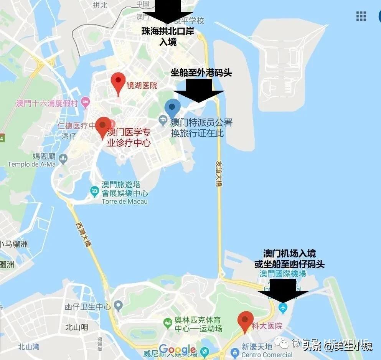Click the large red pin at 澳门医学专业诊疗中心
coord(103,126)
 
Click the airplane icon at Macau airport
coord(283,307)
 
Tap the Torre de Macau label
coord(125,201)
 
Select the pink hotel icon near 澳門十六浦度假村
coord(85,102)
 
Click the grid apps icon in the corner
coord(361,16)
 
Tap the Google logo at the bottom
coord(177,349)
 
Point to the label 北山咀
coord(77,327)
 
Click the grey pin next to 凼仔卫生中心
coord(119,306)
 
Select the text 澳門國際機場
coord(282,274)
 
